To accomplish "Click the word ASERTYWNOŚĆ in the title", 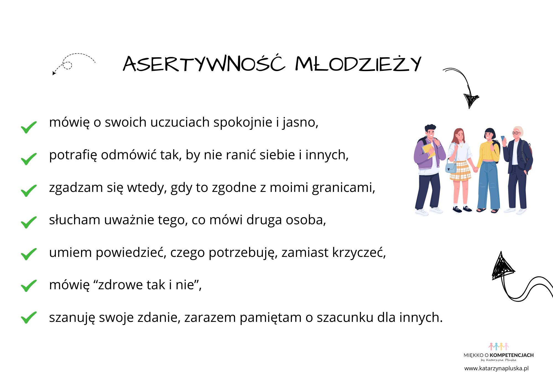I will pyautogui.click(x=204, y=64).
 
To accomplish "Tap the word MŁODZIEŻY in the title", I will pyautogui.click(x=358, y=64).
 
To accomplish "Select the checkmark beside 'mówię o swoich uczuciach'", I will pyautogui.click(x=29, y=127).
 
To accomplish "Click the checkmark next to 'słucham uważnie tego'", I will pyautogui.click(x=29, y=222).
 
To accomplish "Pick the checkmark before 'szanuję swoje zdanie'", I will pyautogui.click(x=29, y=317).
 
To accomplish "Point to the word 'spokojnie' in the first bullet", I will pyautogui.click(x=242, y=122).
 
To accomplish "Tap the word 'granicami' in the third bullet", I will pyautogui.click(x=343, y=188).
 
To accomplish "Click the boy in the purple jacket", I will pyautogui.click(x=429, y=169).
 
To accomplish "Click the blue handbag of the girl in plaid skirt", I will pyautogui.click(x=451, y=167).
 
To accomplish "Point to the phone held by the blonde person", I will pyautogui.click(x=503, y=138).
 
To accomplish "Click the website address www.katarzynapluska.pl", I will pyautogui.click(x=496, y=368).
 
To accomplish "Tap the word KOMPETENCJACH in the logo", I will pyautogui.click(x=512, y=355).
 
